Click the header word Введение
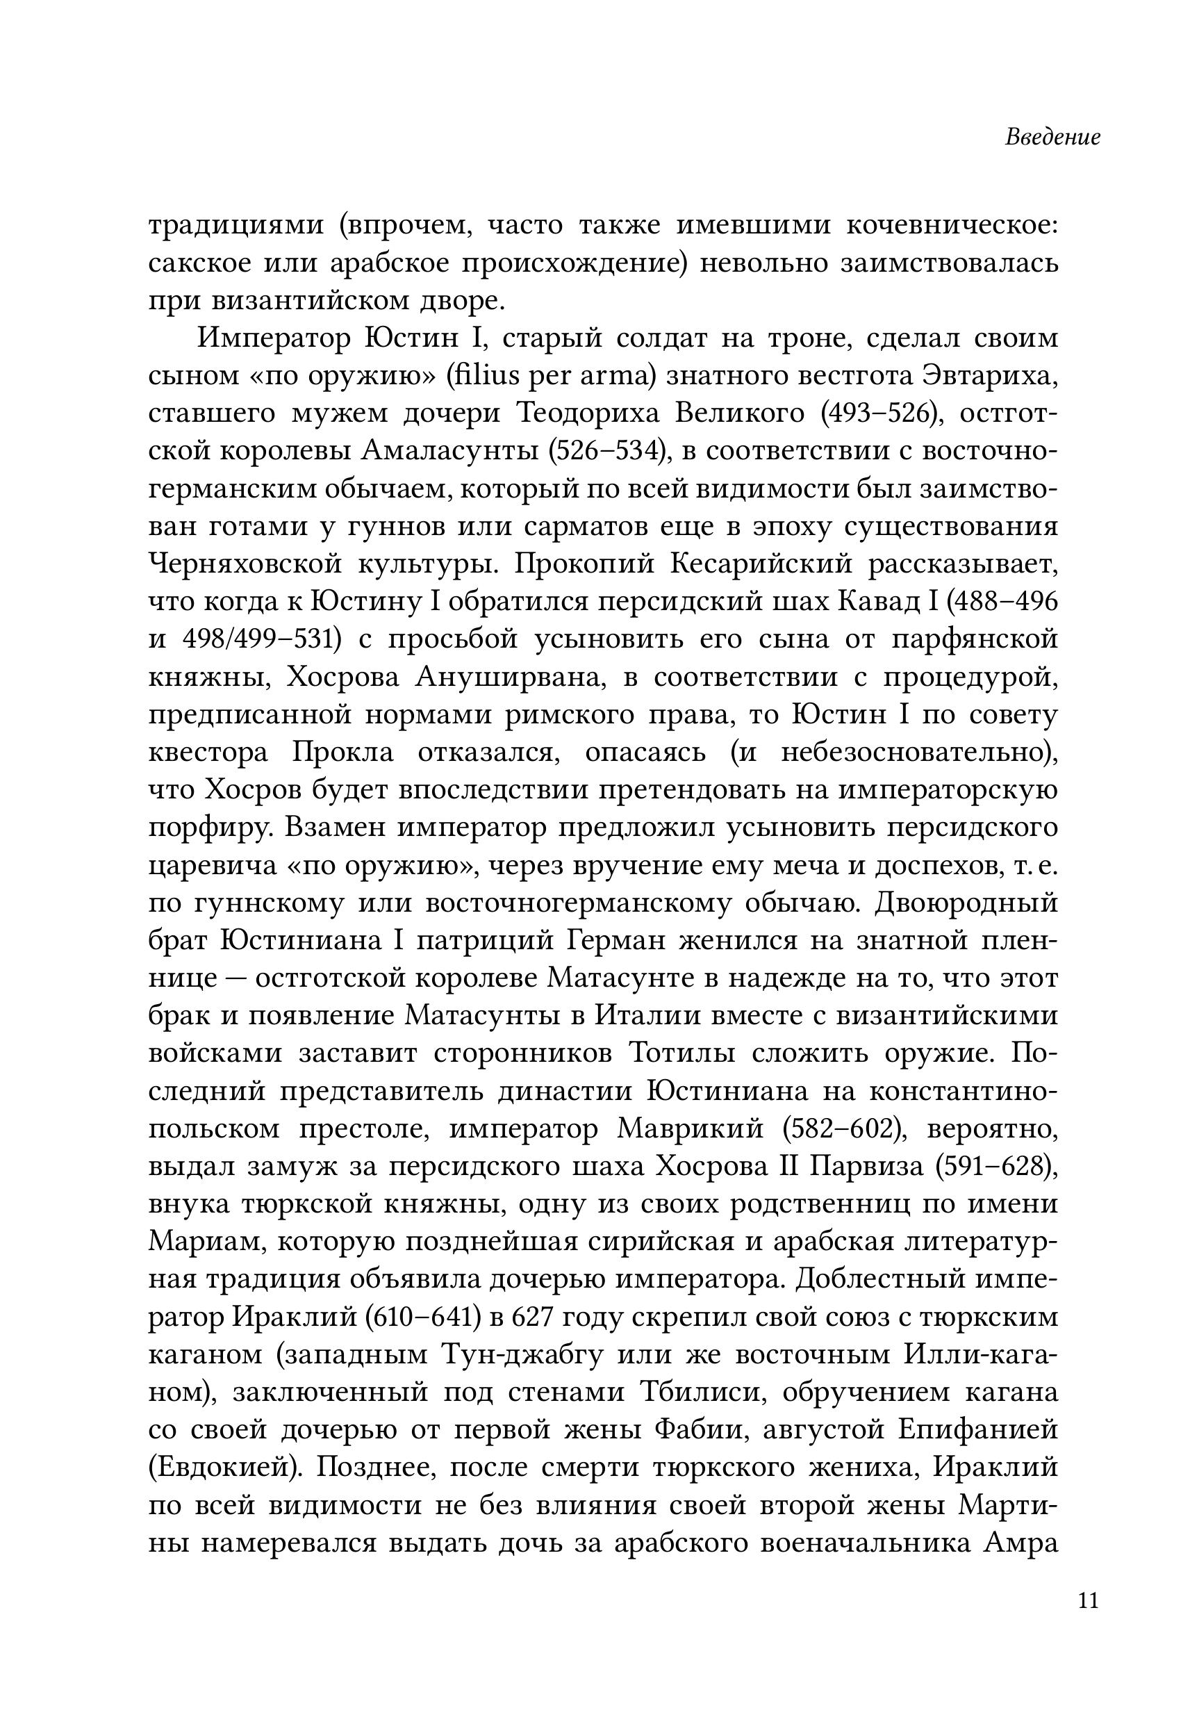(x=1052, y=138)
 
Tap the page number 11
(x=1088, y=1602)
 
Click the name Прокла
(x=344, y=753)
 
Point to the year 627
(x=532, y=1317)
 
